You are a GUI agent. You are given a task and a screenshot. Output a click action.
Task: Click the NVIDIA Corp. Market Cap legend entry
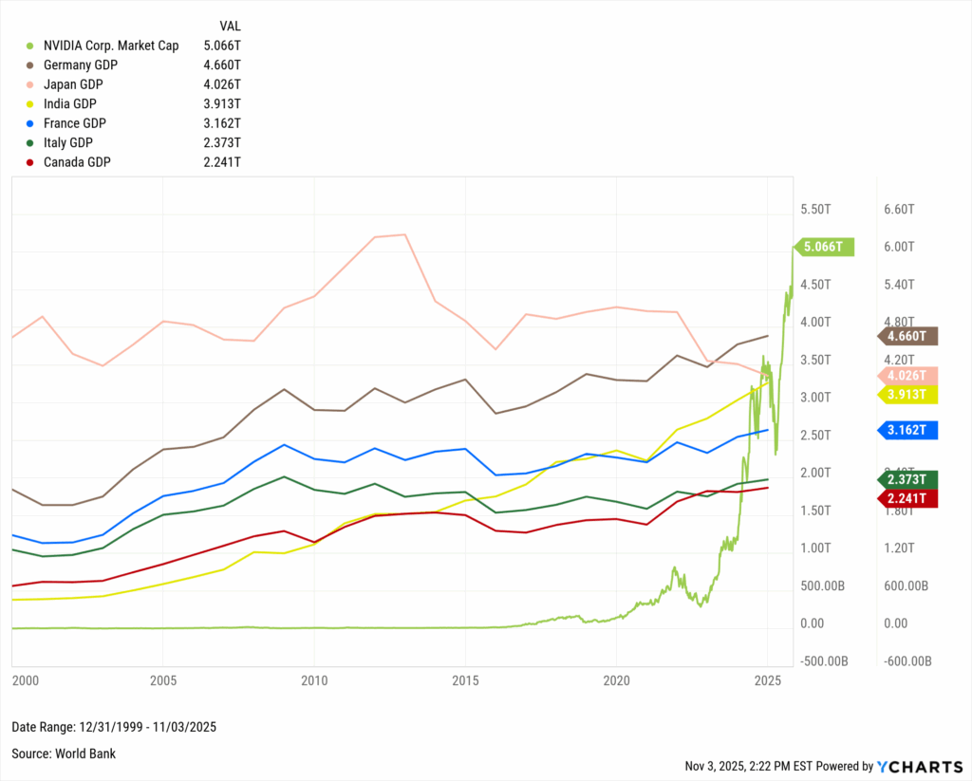(110, 46)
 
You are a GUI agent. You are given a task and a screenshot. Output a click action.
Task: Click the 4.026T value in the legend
(223, 84)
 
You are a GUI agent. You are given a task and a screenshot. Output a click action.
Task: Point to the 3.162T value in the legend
(223, 123)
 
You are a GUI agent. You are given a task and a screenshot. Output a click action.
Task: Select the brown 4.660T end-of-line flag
(909, 336)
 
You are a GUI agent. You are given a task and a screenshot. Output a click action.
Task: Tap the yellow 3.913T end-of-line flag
(909, 394)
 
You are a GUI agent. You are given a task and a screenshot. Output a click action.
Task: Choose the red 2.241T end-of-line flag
(909, 498)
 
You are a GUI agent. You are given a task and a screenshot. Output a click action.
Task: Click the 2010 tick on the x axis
(314, 681)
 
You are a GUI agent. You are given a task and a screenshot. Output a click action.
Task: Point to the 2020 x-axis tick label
(617, 681)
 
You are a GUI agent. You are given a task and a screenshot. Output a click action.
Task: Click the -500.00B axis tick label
(824, 661)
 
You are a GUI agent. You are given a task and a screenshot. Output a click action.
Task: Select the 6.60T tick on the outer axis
(899, 209)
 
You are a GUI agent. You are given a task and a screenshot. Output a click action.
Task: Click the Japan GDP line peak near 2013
(404, 234)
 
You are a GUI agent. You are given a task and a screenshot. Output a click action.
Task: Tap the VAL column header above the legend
(230, 27)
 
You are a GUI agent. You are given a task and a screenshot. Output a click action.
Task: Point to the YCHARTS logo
(919, 766)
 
